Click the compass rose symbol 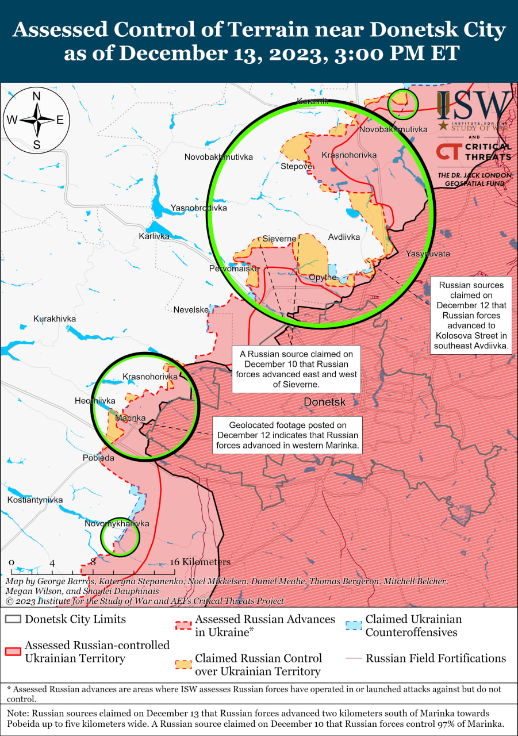point(36,120)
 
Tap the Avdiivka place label point(344,237)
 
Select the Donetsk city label point(325,402)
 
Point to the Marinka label point(130,418)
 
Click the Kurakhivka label point(55,319)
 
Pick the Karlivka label point(154,236)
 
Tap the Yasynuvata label point(428,254)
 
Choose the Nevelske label point(191,310)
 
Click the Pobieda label point(98,458)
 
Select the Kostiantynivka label point(35,500)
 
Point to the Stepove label point(296,167)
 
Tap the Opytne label point(323,277)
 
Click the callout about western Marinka point(287,435)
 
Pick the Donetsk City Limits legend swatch point(13,620)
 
